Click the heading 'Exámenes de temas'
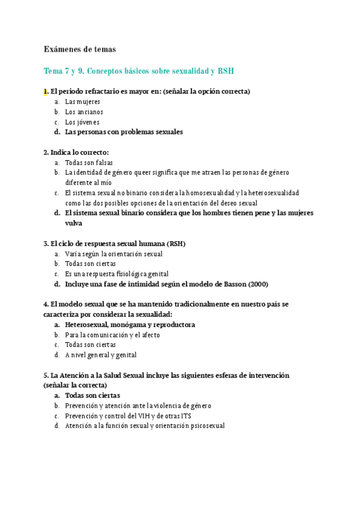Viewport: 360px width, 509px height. (x=79, y=49)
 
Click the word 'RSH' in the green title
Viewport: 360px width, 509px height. (x=226, y=71)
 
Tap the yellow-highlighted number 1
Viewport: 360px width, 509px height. (x=46, y=91)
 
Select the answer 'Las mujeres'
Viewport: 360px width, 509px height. (x=83, y=102)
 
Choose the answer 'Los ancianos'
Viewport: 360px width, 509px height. (x=84, y=112)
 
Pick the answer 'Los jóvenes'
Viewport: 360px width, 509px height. (x=82, y=122)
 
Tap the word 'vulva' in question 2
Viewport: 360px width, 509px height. (x=74, y=223)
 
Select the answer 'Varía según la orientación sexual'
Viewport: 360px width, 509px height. (x=114, y=254)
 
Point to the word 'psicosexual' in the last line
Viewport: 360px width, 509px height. (x=203, y=426)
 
